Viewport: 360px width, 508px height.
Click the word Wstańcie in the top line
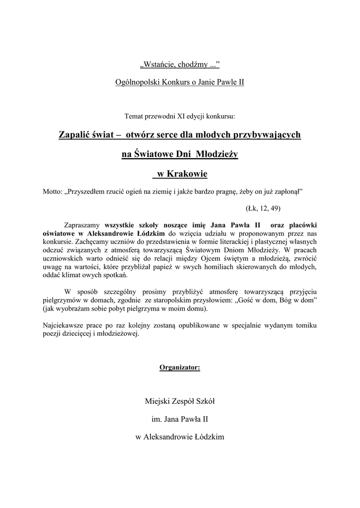click(x=158, y=65)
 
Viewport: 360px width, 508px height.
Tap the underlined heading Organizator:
click(x=180, y=368)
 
